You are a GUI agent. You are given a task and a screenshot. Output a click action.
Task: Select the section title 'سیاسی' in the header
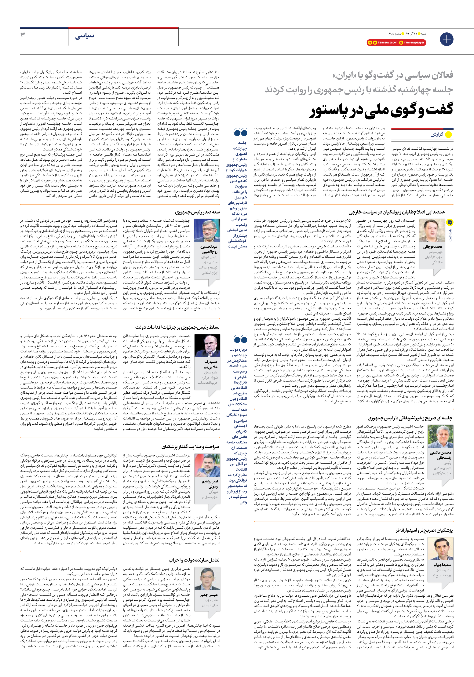pos(84,36)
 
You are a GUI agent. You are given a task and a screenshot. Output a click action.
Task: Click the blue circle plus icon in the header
pos(446,39)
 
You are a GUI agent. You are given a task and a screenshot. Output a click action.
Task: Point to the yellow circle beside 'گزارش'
pos(449,135)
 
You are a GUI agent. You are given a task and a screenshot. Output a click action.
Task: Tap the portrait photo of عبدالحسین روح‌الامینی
pos(205,230)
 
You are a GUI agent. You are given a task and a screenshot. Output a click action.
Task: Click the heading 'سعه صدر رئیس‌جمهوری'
pos(197,212)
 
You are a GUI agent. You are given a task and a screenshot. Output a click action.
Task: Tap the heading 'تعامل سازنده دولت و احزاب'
pos(194,560)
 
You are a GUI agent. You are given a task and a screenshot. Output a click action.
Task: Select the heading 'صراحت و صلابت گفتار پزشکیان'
pos(190,447)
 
